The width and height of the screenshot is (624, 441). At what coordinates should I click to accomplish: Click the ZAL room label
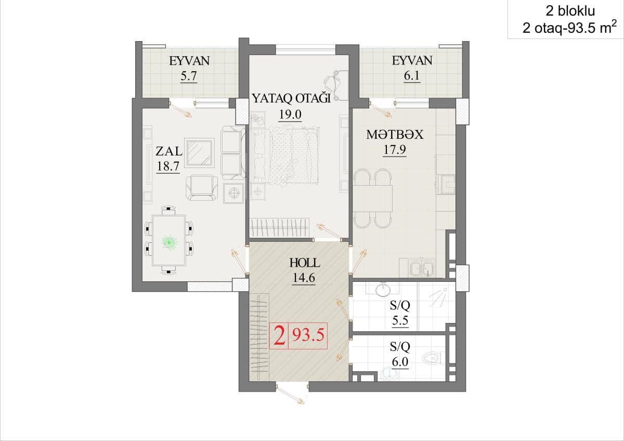point(169,151)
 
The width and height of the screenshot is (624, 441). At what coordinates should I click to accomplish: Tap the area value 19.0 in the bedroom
point(290,114)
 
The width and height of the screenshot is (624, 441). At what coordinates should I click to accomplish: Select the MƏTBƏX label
point(395,135)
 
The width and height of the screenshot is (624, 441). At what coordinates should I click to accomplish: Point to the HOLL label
point(305,263)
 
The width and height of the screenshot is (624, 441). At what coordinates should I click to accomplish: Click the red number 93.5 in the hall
point(308,335)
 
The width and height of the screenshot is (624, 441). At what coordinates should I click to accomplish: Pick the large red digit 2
point(280,336)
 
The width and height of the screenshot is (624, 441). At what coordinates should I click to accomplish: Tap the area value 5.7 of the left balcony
point(189,76)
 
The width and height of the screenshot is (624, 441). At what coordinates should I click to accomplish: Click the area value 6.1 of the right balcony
point(412,75)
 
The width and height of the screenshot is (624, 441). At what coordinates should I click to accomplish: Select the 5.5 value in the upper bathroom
point(400,321)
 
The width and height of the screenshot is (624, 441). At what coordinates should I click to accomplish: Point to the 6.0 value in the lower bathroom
point(400,362)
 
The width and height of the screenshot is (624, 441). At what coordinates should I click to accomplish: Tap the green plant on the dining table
point(170,243)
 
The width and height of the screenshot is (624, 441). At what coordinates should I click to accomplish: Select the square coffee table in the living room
point(199,153)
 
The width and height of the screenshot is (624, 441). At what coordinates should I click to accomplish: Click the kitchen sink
point(422,268)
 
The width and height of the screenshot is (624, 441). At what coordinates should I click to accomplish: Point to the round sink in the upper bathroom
point(383,290)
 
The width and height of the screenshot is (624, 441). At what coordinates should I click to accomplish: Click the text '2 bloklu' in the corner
point(570,11)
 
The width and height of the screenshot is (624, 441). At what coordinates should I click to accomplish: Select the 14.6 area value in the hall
point(304,278)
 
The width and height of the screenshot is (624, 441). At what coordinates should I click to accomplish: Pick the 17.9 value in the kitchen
point(395,150)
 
